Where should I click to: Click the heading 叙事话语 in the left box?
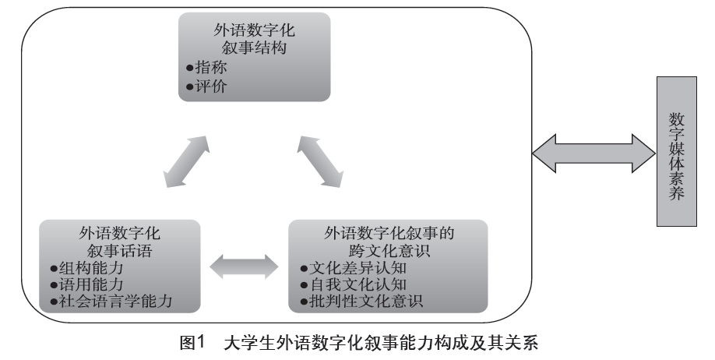(x=119, y=251)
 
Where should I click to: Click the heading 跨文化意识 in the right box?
(x=389, y=251)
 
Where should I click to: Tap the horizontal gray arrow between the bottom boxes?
(x=244, y=266)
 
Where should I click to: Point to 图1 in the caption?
(x=192, y=343)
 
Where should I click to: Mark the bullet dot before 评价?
(x=189, y=86)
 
